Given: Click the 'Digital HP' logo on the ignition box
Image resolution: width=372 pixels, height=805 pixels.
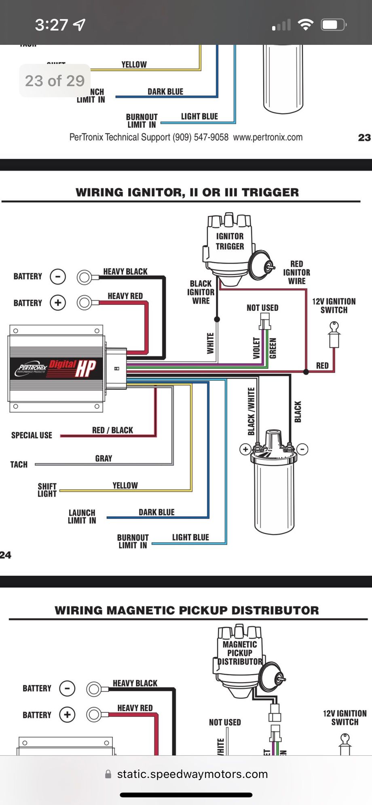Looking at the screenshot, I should [73, 368].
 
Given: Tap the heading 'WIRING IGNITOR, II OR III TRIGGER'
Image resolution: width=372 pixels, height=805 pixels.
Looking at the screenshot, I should [187, 192].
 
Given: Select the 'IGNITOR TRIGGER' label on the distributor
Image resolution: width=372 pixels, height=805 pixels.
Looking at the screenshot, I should [230, 241].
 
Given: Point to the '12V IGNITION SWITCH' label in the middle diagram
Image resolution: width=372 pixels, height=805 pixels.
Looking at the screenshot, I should [334, 306].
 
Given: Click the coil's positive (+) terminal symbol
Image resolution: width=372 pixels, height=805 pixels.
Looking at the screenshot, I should [245, 449].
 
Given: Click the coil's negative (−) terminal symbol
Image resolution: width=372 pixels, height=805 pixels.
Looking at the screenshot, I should [302, 449].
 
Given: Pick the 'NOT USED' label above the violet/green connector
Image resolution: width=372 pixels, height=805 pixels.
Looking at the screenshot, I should [262, 308].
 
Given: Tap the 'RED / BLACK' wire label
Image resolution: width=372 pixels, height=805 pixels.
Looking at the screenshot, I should [112, 430].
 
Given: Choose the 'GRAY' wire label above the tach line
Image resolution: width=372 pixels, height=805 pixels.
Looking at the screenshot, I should [104, 458].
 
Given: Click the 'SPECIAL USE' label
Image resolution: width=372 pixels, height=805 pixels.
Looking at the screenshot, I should [32, 435].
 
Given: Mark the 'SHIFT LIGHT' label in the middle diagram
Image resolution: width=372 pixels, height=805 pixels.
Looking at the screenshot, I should [47, 490].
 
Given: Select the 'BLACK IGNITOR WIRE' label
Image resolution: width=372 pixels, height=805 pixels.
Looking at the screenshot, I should [201, 292].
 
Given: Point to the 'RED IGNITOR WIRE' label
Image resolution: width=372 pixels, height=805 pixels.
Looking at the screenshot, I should [296, 273].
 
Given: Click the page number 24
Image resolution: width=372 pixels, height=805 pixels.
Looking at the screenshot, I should [6, 555].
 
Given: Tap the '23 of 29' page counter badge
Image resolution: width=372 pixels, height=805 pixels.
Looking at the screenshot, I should [55, 81].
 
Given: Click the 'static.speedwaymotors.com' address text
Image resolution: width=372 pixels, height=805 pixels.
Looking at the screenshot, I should [192, 774].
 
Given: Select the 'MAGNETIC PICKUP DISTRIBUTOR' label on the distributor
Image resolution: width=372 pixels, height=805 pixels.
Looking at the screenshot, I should [240, 653].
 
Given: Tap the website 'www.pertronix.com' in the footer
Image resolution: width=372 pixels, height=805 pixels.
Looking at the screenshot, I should [268, 137].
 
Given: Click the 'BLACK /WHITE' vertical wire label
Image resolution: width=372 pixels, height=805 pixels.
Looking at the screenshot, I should [251, 412].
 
